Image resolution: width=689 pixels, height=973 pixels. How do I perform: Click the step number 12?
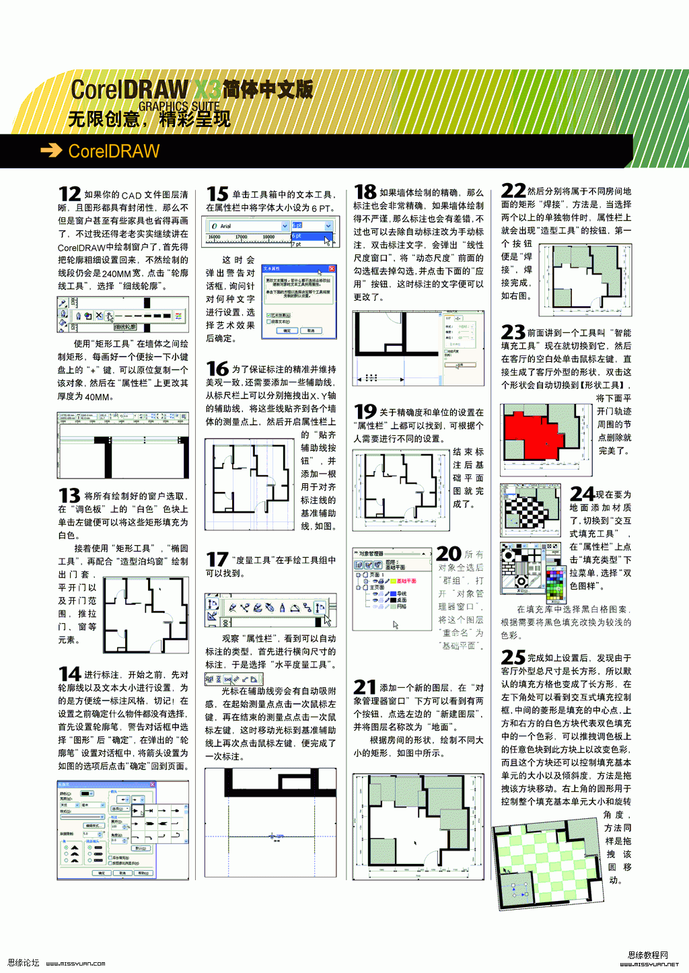point(69,194)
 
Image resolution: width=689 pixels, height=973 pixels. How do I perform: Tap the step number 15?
point(217,194)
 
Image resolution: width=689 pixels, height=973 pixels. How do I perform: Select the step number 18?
point(365,192)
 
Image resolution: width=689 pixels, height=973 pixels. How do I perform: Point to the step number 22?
point(513,191)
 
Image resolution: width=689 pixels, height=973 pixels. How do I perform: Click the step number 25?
point(513,657)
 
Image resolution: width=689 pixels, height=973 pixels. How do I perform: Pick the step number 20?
point(449,554)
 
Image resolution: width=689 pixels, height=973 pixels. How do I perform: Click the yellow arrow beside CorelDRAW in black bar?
point(51,151)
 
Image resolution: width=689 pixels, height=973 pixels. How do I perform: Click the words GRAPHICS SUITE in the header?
point(179,106)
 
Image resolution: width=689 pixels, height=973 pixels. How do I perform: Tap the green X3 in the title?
point(208,89)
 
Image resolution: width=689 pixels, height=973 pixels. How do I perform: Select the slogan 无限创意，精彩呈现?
point(149,120)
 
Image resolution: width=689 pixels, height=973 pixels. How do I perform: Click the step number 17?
point(217,559)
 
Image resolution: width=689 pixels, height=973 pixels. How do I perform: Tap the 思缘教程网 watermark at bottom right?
point(648,955)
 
